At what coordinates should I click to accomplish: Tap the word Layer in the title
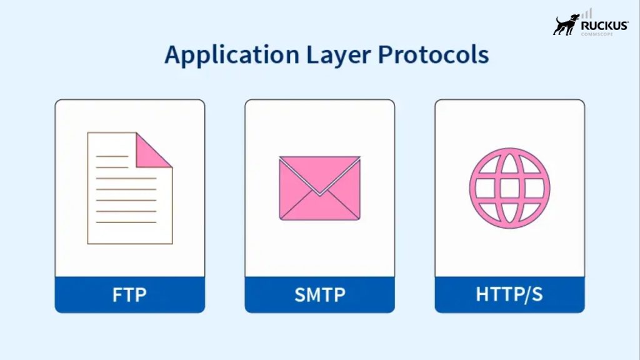pyautogui.click(x=339, y=56)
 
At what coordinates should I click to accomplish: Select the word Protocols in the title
pyautogui.click(x=433, y=55)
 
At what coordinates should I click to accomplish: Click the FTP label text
pyautogui.click(x=129, y=294)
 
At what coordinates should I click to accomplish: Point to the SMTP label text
pyautogui.click(x=319, y=294)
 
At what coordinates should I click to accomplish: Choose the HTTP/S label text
pyautogui.click(x=509, y=294)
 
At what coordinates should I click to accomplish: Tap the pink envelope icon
pyautogui.click(x=319, y=188)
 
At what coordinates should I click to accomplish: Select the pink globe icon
pyautogui.click(x=509, y=187)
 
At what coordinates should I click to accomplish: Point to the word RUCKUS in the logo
pyautogui.click(x=604, y=25)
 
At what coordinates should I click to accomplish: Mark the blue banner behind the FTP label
pyautogui.click(x=75, y=294)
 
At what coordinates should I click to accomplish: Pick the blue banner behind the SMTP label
pyautogui.click(x=265, y=294)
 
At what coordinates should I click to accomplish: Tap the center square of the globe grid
pyautogui.click(x=509, y=187)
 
